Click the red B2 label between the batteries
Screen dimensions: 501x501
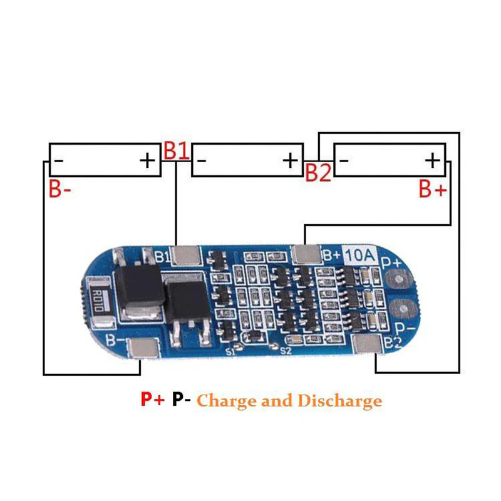point(318,173)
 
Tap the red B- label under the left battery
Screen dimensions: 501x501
point(59,189)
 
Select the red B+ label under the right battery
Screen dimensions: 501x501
point(433,189)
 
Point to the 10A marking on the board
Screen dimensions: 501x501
point(359,255)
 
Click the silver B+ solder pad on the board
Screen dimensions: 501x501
point(306,255)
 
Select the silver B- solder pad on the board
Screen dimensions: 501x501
point(143,348)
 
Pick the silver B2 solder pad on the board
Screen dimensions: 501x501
point(367,344)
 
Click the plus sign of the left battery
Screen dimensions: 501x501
point(147,160)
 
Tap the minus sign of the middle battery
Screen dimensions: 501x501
point(201,160)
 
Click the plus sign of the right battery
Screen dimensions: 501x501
point(433,160)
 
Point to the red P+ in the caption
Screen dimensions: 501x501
point(153,399)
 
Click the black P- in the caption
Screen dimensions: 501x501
point(182,399)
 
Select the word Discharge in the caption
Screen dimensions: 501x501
point(339,401)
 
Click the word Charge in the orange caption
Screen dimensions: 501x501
point(227,401)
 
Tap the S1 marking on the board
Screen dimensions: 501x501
point(230,351)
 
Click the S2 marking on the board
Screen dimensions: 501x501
point(286,351)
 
